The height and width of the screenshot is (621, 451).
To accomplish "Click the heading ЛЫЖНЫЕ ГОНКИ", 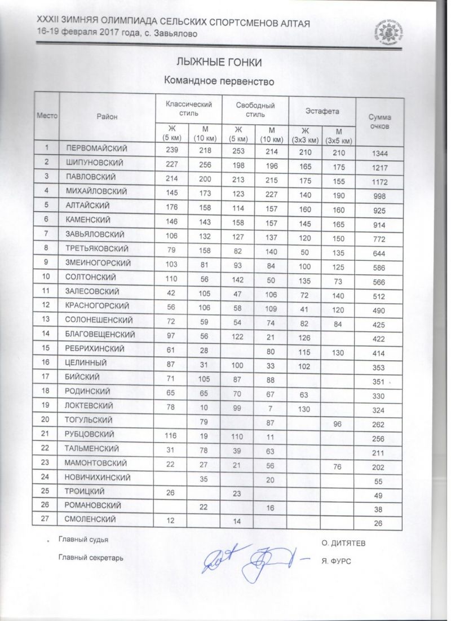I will pos(219,62).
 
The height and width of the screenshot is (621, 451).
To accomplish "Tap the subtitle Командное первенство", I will pos(219,81).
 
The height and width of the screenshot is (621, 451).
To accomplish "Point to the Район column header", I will pos(107,116).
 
